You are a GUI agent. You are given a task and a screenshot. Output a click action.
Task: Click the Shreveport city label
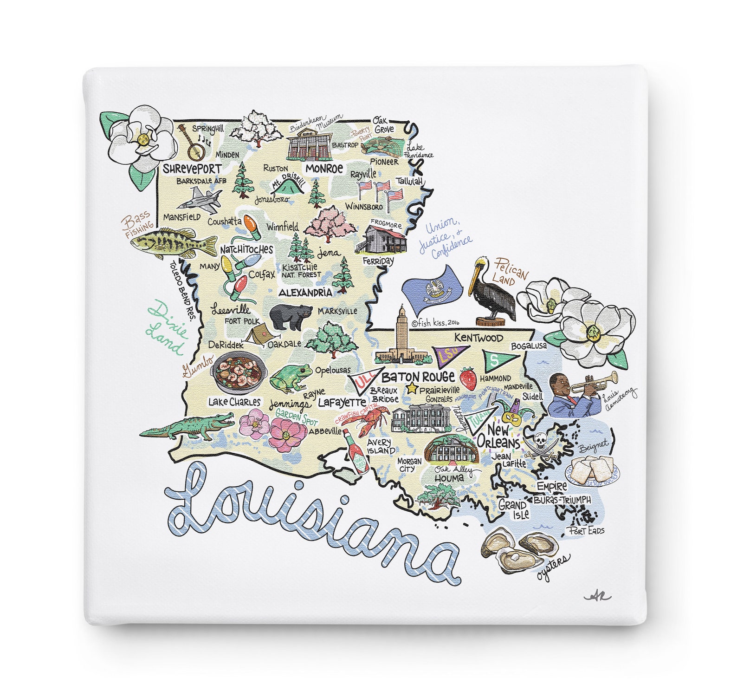point(192,169)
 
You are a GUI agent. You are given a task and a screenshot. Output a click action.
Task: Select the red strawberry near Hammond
point(468,378)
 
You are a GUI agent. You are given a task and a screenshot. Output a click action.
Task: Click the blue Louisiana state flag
point(432,289)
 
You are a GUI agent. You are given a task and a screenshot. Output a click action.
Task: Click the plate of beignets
point(592,469)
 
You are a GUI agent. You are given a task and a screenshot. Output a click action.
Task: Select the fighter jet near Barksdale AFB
point(199,200)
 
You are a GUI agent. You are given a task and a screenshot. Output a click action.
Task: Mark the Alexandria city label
point(305,293)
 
